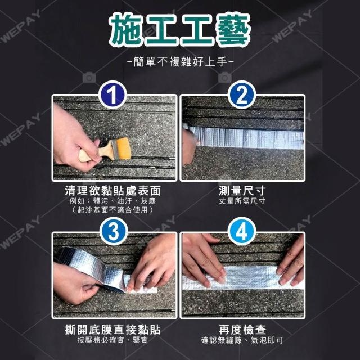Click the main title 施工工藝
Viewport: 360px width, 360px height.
179,29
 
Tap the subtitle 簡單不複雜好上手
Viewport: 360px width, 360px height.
180,62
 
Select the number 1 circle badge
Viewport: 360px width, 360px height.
112,94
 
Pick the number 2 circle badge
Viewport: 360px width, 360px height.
241,94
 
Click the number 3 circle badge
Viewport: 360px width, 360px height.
114,231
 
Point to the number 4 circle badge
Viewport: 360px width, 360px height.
241,231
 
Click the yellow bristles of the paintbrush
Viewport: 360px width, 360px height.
124,148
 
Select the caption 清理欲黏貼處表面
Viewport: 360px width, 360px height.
112,191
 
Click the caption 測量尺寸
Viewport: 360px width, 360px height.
242,191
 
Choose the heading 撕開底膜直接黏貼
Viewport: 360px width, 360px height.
112,330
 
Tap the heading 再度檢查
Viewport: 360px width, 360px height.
242,330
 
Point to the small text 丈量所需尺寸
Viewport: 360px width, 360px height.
242,201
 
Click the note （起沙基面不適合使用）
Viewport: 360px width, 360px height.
112,210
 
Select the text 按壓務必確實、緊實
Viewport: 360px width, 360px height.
112,340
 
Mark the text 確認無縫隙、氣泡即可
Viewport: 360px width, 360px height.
242,340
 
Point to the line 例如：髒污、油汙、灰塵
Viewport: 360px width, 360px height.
112,201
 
